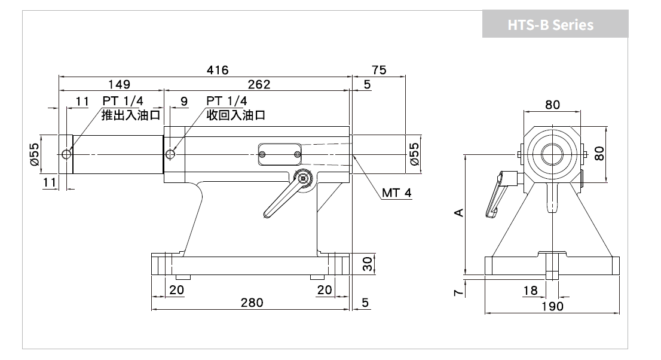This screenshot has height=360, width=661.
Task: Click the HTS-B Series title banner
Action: [555, 24]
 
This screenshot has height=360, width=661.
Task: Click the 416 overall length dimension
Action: [218, 70]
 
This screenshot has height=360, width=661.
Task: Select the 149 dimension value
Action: [120, 84]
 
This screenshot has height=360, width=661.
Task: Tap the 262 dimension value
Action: [259, 84]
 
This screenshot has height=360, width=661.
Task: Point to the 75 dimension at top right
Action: [379, 70]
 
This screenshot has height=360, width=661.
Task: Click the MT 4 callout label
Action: [397, 193]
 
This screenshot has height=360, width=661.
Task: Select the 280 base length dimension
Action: [252, 303]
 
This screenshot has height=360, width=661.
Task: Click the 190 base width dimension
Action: [552, 306]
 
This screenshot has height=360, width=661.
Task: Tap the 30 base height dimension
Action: [368, 264]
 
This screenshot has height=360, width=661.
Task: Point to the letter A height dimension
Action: [459, 212]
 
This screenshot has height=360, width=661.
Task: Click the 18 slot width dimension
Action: [530, 291]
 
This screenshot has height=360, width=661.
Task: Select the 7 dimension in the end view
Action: [458, 292]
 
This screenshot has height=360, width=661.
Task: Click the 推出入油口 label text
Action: [131, 115]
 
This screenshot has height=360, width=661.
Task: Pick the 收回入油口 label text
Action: [235, 115]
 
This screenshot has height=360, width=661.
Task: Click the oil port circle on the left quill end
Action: [66, 154]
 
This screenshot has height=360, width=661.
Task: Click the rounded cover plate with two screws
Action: [280, 154]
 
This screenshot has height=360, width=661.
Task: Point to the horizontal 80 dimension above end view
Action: [552, 105]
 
